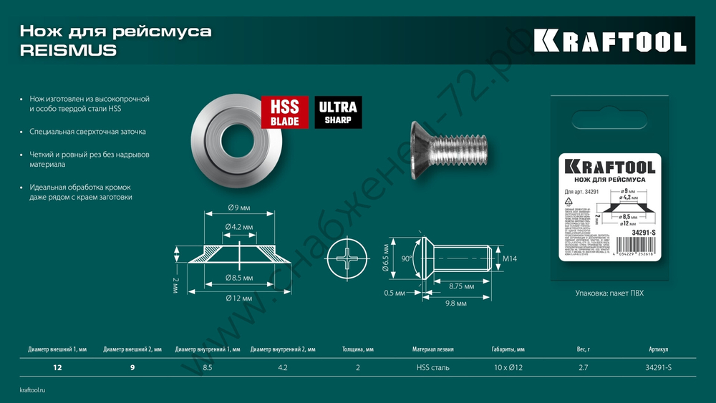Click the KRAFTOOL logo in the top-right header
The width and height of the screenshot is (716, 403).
point(610,41)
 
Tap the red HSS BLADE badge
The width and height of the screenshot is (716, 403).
point(285,113)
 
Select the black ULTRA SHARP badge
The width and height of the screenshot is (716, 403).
point(338,113)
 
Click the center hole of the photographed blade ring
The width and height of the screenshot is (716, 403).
point(233,135)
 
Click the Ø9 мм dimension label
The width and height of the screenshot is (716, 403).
point(239,208)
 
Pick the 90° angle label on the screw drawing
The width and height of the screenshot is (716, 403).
point(407,259)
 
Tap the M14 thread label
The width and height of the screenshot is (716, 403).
point(511,258)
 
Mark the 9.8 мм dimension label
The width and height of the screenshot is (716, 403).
point(456,304)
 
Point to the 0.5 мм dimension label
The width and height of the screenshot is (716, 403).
point(394,293)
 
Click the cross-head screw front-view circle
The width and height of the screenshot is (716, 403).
point(347,260)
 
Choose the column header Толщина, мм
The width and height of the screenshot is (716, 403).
point(358,349)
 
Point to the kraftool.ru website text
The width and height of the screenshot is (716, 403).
point(32,389)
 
